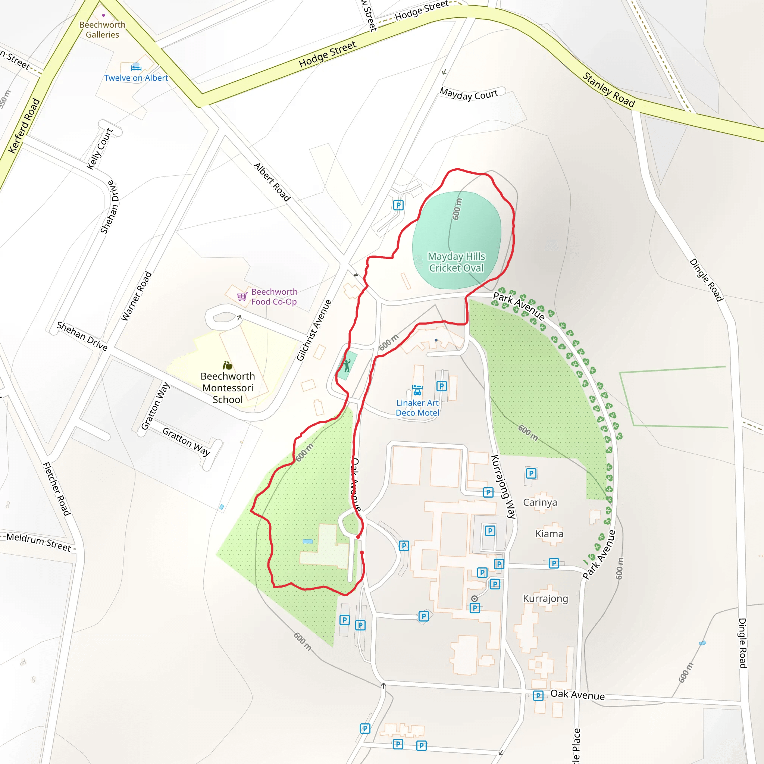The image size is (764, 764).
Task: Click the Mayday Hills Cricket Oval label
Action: coord(456,262)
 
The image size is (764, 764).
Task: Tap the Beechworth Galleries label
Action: coord(103,30)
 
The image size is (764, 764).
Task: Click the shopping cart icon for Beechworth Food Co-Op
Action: coord(242,297)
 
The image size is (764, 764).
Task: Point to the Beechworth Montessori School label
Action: coord(228,388)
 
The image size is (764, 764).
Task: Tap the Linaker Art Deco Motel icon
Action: coord(417,390)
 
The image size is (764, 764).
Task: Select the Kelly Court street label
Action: coord(100,149)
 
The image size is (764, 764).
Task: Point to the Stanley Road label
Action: coord(608,90)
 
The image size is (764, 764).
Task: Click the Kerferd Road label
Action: coord(25,126)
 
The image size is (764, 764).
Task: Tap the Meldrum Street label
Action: coord(39,542)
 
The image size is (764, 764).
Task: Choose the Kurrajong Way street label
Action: coord(503,487)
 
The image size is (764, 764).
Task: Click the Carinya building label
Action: coord(540,502)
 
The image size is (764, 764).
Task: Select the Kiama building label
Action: coord(549,534)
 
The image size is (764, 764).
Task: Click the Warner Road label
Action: coord(137,296)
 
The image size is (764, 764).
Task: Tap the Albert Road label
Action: coord(272,182)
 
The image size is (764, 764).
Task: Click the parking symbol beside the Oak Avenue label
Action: coord(538,696)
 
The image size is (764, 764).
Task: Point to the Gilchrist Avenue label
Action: coord(314,330)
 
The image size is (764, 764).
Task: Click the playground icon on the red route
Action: coord(347,365)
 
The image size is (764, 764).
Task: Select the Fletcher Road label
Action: coord(57,489)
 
